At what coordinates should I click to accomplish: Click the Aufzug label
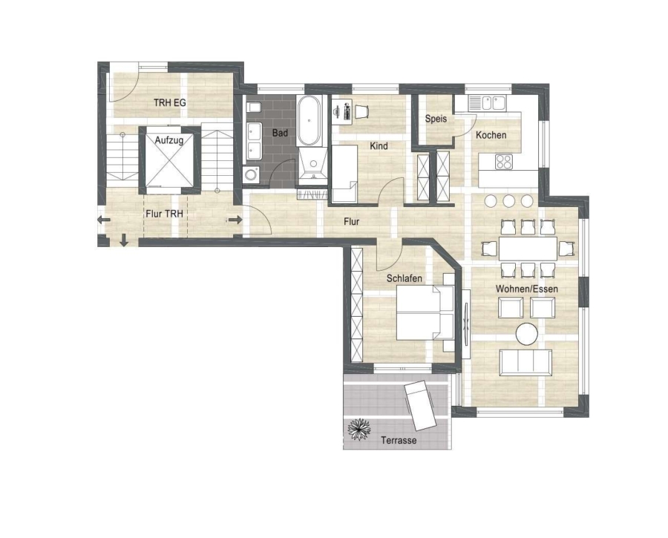[x=169, y=140]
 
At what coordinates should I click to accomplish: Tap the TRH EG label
[x=169, y=102]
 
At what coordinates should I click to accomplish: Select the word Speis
[x=436, y=119]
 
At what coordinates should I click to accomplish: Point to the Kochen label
[x=491, y=135]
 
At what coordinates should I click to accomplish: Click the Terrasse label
[x=399, y=440]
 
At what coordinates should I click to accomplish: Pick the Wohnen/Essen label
[x=526, y=289]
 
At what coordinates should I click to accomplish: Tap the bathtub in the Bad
[x=309, y=122]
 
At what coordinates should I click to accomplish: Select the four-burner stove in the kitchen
[x=504, y=162]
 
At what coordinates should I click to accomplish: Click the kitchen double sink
[x=487, y=103]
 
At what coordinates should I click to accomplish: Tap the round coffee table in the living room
[x=526, y=333]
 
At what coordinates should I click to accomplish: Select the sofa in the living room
[x=525, y=362]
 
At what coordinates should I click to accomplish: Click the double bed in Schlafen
[x=425, y=312]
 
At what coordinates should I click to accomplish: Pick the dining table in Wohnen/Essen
[x=528, y=249]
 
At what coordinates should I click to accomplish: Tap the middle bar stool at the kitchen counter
[x=508, y=200]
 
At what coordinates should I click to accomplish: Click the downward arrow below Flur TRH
[x=124, y=240]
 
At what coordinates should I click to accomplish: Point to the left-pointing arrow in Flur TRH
[x=103, y=220]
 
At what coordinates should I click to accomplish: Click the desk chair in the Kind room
[x=361, y=111]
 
